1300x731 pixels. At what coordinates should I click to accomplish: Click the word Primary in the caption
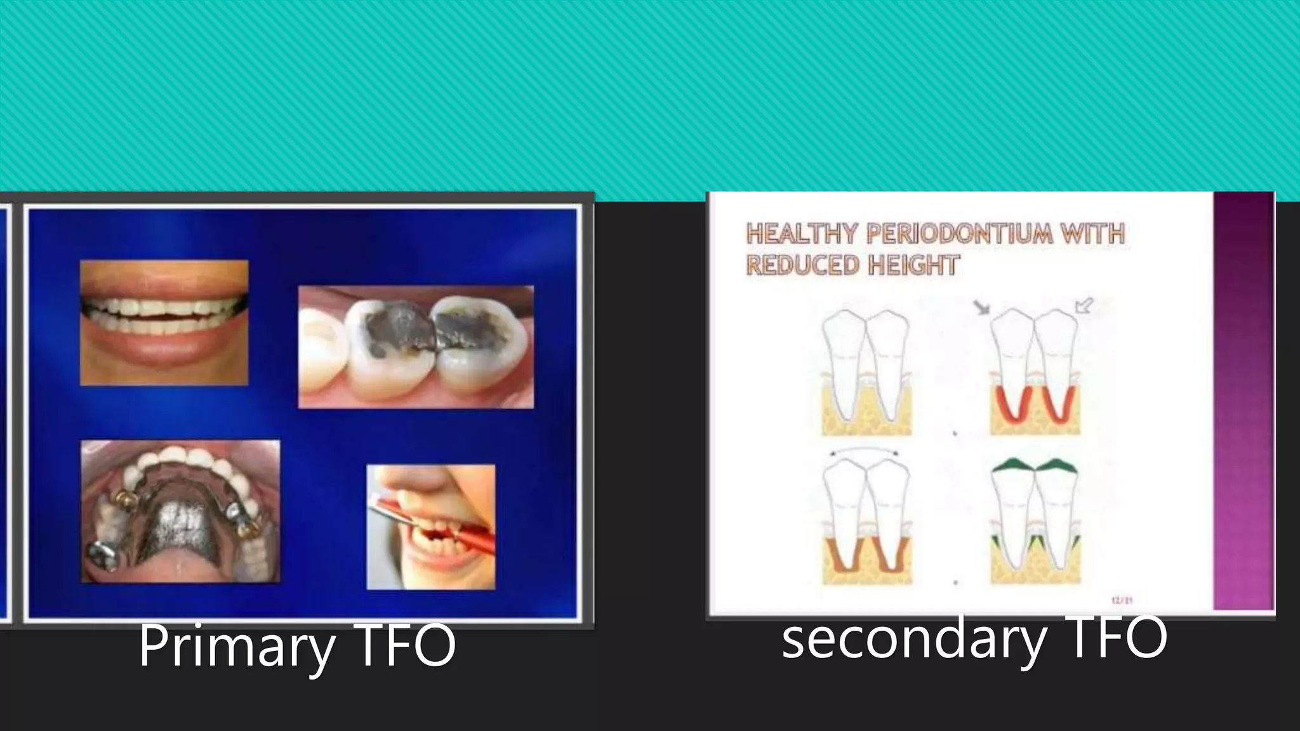pos(237,646)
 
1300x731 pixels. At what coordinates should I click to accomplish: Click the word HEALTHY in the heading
pos(802,234)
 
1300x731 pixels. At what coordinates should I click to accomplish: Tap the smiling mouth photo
pos(164,322)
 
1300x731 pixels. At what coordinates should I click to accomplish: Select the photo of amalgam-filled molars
pos(416,346)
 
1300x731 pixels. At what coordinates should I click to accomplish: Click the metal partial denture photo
pos(180,511)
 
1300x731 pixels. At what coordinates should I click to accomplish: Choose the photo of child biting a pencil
pos(431,527)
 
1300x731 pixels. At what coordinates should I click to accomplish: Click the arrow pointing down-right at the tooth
pos(982,308)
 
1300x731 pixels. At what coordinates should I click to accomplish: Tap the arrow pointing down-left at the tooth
pos(1084,306)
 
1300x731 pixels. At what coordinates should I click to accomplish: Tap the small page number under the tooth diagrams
pos(1122,600)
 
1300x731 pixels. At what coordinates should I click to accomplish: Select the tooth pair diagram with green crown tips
pos(1035,520)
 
